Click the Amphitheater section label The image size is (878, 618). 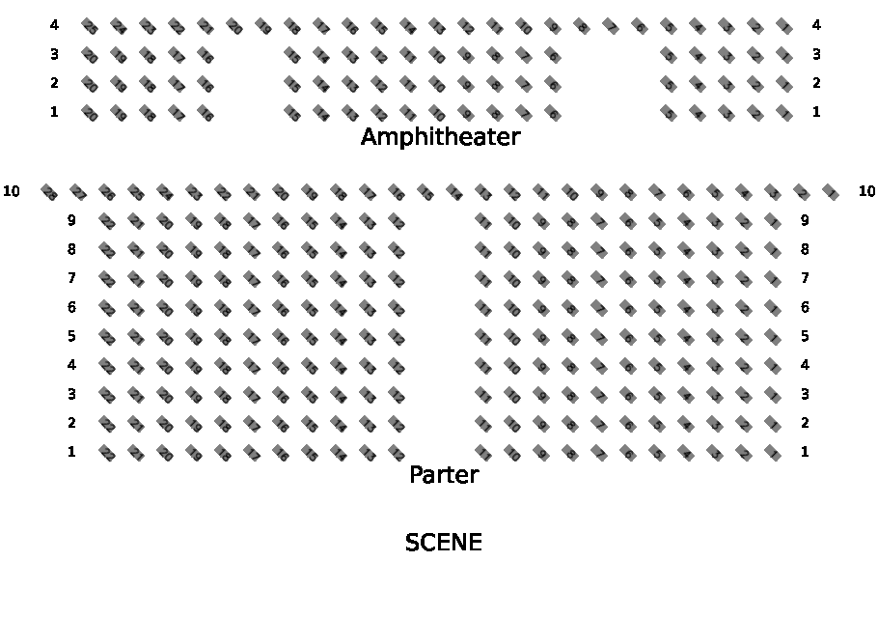point(440,137)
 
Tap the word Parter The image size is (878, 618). point(444,475)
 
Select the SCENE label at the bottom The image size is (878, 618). point(443,543)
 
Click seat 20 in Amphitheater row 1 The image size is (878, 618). point(89,113)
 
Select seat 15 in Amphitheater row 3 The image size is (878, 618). point(291,55)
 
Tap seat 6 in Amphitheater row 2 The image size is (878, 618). point(552,84)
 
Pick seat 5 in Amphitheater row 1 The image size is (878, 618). point(668,113)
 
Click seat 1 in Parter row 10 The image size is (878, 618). point(830,192)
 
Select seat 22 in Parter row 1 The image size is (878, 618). point(106,453)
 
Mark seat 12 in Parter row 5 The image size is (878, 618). point(396,337)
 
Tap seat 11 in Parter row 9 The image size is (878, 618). point(482,221)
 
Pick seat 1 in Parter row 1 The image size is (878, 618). point(772,453)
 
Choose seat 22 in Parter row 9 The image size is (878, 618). point(106,221)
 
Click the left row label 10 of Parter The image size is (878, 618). point(12,191)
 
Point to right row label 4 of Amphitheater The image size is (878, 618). point(816,25)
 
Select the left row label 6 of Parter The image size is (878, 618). point(71,307)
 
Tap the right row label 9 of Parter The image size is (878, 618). point(805,220)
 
